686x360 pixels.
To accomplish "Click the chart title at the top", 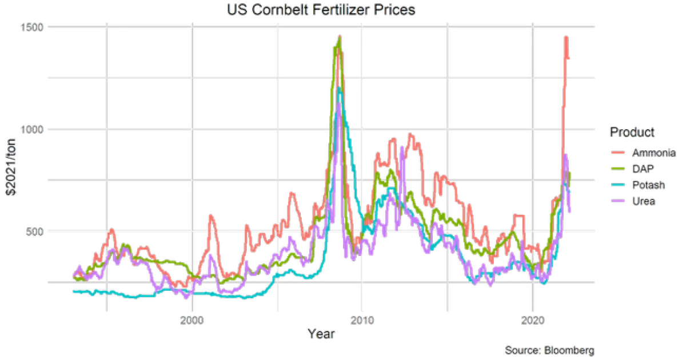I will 320,10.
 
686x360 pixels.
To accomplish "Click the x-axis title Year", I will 321,334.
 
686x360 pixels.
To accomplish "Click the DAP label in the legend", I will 644,169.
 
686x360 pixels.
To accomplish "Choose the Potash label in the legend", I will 648,185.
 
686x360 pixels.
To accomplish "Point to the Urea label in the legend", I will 644,201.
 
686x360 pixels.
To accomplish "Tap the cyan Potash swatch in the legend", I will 618,185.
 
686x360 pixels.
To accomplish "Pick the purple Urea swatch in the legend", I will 618,201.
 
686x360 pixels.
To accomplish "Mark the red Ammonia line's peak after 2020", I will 565,36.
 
